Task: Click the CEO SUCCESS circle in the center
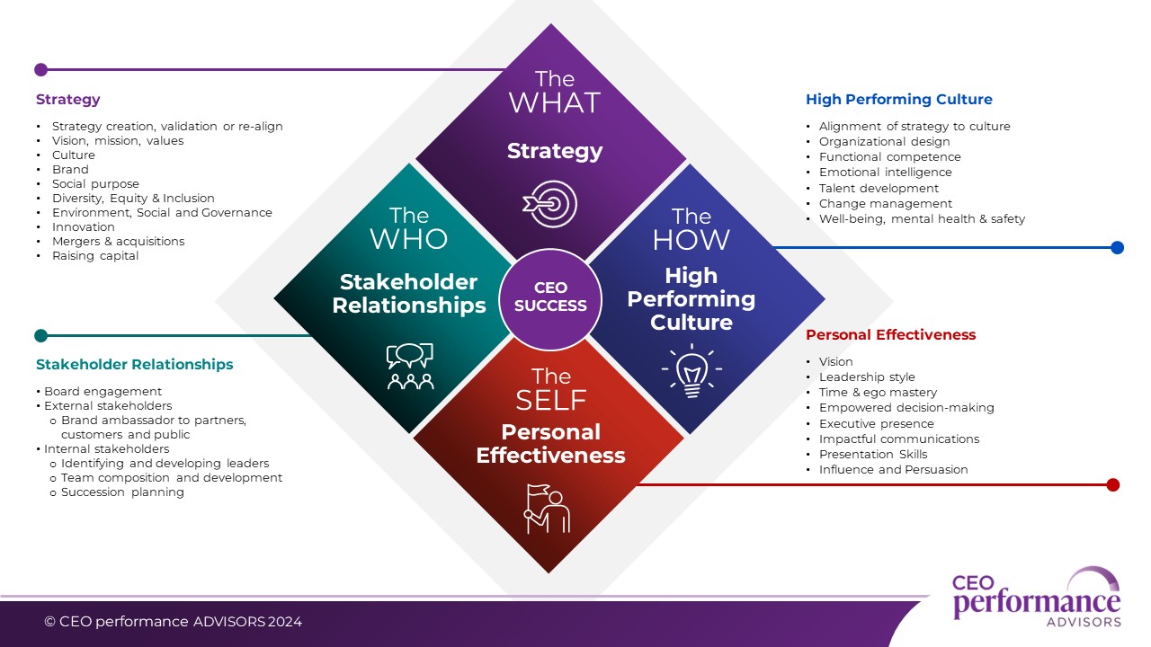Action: (550, 297)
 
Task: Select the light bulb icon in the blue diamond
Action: (691, 370)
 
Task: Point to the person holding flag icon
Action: (548, 509)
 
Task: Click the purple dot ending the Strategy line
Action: (40, 69)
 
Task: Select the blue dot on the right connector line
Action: (1117, 247)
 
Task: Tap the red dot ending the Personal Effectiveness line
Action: (1112, 484)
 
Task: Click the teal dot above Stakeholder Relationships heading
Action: (40, 336)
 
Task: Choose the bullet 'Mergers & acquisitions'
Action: (118, 242)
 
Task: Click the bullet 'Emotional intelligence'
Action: (885, 173)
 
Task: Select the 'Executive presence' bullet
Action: (876, 424)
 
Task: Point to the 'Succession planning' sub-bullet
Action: (122, 492)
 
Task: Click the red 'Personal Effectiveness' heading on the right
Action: (890, 335)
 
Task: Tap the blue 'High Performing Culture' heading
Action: (899, 100)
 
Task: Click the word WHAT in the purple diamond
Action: (554, 102)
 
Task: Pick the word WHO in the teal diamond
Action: (410, 239)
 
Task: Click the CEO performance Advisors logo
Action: (1036, 598)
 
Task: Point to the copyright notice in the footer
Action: (174, 622)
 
